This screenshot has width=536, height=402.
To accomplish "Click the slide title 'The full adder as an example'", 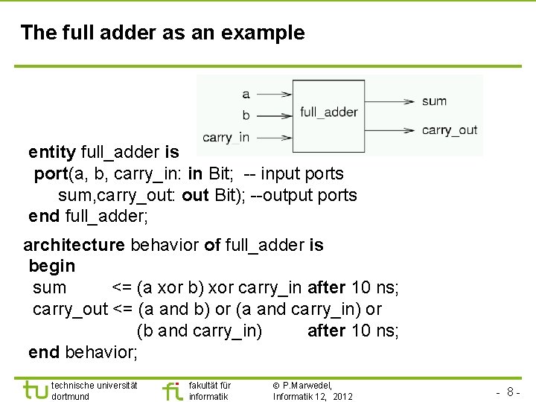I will pos(162,33).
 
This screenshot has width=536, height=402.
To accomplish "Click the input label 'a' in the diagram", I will pos(246,95).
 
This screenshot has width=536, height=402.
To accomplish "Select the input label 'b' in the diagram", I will pos(246,115).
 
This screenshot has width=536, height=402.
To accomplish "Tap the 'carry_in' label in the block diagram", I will pos(226,137).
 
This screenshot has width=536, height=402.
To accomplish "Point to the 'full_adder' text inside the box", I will pos(329,112).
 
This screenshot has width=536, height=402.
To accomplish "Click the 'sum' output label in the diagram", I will pos(434,101).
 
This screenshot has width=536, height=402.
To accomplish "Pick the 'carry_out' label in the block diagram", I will pos(449,130).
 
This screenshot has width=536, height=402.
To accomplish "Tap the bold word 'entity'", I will pos(52,153).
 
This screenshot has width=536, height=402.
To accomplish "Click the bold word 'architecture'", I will pos(74,245).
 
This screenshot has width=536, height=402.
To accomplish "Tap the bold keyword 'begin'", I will pos(51,266).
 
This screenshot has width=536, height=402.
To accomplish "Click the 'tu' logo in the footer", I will pos(35,390).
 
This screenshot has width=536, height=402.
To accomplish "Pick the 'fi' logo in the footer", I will pos(171,390).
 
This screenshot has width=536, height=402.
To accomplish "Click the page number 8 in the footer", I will pos(511,392).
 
